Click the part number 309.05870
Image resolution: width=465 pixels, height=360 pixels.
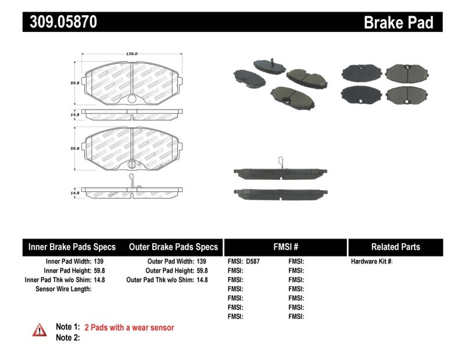60,23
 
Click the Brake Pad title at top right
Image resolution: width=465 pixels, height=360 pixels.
398,23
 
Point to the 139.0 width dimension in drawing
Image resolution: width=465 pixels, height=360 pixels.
132,54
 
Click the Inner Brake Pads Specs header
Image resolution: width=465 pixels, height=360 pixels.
72,247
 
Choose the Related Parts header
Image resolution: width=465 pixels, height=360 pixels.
395,247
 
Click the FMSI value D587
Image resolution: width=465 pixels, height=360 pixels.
253,262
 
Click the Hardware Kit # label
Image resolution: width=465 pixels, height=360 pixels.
371,262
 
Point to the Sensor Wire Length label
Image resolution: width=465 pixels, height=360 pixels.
63,289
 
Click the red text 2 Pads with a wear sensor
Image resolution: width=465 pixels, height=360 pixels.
129,327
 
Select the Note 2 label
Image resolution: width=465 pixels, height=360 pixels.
67,337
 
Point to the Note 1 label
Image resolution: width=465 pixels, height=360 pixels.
67,327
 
